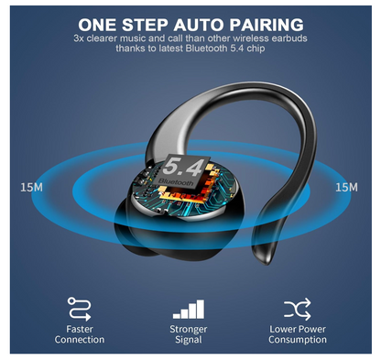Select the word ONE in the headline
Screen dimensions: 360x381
99,23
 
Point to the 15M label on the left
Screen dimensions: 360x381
31,187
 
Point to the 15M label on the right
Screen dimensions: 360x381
346,187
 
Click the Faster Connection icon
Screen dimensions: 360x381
80,306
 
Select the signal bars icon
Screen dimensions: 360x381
189,307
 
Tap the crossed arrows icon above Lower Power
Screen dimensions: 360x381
298,306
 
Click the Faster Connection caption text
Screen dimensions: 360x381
80,333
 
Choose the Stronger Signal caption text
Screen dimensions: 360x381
189,333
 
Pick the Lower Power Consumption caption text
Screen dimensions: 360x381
298,333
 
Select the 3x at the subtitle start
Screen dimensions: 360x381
79,38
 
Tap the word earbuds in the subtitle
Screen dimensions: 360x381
287,38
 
